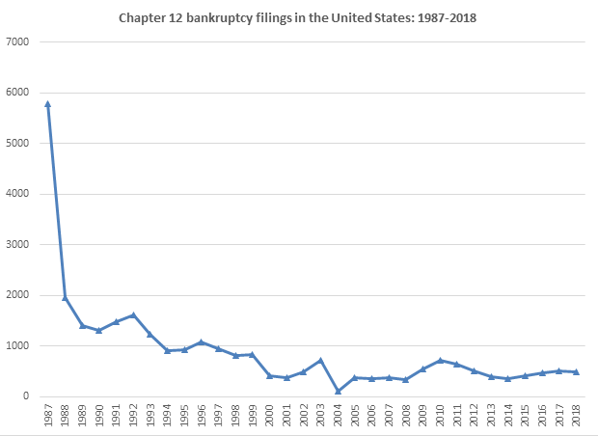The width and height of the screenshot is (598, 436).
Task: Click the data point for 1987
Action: click(x=47, y=103)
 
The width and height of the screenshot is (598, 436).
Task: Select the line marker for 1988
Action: click(x=65, y=297)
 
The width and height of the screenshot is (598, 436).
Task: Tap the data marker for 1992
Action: click(x=133, y=314)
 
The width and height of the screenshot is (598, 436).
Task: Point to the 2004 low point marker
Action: click(x=339, y=391)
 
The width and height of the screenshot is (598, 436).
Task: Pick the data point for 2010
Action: click(x=441, y=360)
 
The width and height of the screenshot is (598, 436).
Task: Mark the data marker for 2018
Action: click(x=577, y=371)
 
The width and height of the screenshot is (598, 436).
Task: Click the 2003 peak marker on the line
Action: click(x=321, y=360)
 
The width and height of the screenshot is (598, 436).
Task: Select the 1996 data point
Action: click(x=202, y=341)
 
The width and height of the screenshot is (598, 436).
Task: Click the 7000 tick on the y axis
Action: click(x=17, y=42)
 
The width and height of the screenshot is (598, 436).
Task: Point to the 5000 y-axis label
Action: click(x=17, y=144)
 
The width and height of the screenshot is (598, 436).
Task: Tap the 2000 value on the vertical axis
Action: click(x=17, y=295)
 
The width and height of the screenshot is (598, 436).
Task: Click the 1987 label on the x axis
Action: click(x=48, y=417)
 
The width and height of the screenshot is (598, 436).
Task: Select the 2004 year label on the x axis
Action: click(x=339, y=417)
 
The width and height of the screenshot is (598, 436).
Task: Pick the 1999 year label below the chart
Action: click(x=253, y=417)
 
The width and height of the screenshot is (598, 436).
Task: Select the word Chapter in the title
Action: click(x=143, y=17)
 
